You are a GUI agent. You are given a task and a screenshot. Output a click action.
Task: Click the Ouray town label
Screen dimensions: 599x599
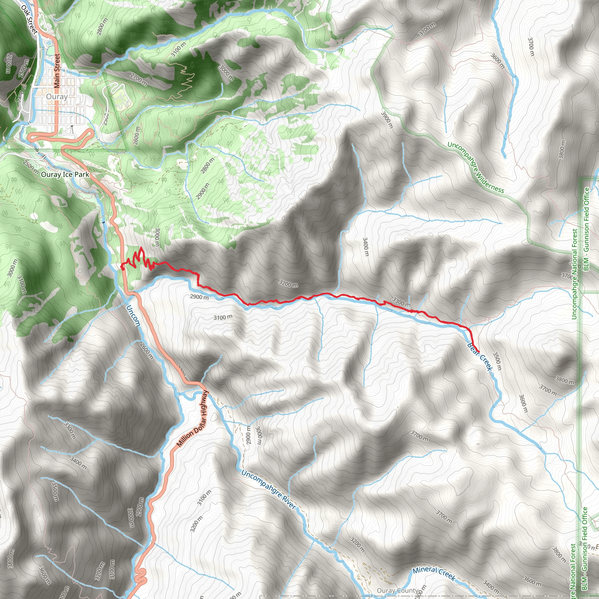57,97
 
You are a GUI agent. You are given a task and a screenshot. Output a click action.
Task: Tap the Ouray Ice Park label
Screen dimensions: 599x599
65,175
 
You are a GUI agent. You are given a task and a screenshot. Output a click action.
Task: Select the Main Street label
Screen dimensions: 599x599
57,71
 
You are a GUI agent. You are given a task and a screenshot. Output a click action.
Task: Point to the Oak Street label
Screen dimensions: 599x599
30,19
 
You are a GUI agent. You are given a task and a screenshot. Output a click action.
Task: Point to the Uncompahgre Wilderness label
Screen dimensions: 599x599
476,168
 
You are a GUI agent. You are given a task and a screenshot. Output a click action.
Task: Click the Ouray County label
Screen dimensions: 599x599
397,591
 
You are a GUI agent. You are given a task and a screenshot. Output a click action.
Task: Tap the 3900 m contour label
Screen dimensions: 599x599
387,120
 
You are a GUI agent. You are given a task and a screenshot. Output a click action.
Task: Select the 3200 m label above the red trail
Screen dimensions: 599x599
288,283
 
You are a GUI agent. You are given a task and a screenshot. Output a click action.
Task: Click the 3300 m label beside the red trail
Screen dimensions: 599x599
401,301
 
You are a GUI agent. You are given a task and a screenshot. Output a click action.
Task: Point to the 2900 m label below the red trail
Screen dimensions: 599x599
199,297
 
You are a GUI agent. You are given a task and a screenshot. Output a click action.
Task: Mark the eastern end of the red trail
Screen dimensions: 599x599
479,352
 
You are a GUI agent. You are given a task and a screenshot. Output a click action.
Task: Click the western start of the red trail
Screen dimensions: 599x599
123,268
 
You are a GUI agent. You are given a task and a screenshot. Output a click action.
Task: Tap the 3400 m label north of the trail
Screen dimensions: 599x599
366,247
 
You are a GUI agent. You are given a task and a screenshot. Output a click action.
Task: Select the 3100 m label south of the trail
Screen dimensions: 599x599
223,317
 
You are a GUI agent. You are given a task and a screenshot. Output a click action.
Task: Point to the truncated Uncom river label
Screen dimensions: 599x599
133,316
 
